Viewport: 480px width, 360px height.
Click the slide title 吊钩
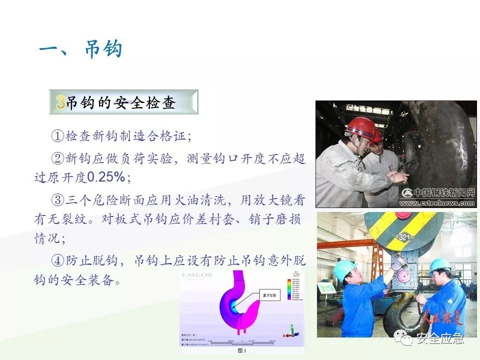103,49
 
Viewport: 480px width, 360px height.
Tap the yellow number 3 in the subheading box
60,102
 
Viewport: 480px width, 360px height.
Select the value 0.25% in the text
106,177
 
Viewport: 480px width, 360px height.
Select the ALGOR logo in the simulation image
198,275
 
